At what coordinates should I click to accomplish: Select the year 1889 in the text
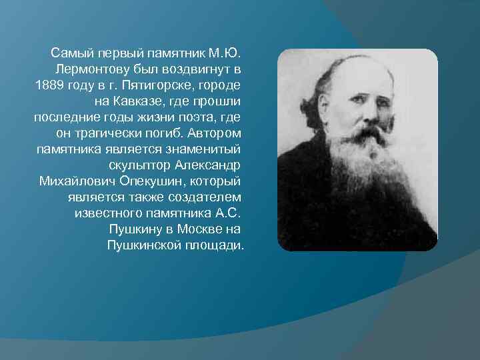[x=47, y=86]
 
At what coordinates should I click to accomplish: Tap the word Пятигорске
[x=152, y=86]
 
